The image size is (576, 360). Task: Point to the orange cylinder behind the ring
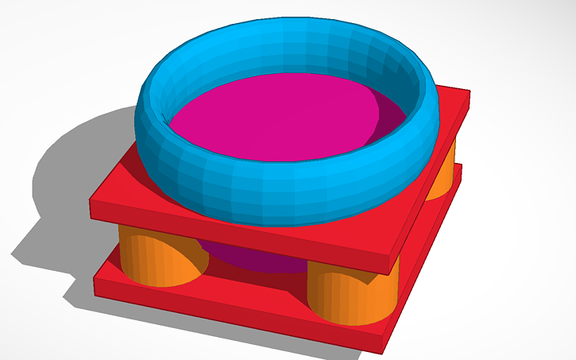pyautogui.click(x=441, y=175)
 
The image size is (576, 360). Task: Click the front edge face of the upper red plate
pyautogui.click(x=238, y=230)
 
